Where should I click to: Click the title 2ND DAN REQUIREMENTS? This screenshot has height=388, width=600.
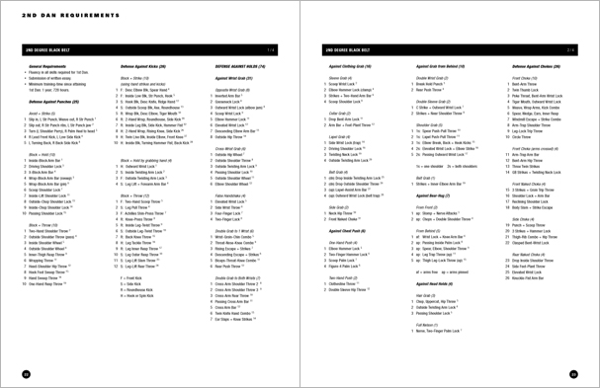50,17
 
